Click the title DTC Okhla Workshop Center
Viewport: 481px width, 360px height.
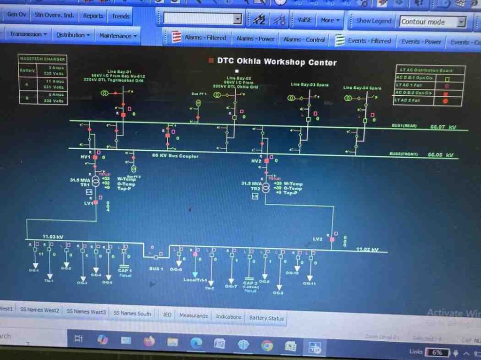tap(276, 61)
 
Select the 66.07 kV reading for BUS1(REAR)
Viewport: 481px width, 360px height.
tap(443, 127)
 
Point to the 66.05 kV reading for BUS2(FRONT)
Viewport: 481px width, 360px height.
tap(441, 154)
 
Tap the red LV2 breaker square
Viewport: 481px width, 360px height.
tap(332, 239)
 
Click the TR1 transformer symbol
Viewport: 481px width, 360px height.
tap(96, 182)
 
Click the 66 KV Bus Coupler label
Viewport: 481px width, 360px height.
tap(175, 156)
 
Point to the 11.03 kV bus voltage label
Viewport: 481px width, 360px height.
tap(53, 237)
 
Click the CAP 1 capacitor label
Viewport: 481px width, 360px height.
tap(124, 271)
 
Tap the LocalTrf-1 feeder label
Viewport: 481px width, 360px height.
tap(195, 280)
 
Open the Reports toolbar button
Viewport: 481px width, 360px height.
tap(93, 15)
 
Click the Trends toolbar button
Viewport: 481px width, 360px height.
tap(121, 16)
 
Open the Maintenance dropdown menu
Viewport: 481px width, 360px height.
tap(118, 36)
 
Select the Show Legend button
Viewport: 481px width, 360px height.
tap(373, 21)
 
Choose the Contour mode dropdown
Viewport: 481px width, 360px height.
tap(433, 22)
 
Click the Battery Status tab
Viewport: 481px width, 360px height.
tap(266, 318)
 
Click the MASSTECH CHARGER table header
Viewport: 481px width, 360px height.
tap(42, 59)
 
